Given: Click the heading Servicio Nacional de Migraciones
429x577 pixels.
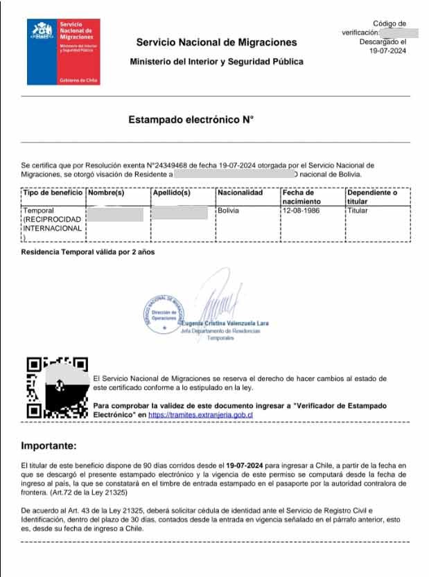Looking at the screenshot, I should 216,43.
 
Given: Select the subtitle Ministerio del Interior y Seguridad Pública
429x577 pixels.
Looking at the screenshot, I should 216,62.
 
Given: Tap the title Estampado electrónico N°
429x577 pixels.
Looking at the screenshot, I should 191,119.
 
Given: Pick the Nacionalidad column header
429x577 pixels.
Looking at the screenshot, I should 240,192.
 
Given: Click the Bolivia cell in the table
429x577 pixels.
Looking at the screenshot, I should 228,210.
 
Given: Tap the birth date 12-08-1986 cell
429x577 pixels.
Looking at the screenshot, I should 301,210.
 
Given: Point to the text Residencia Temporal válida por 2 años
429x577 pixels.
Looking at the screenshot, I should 89,251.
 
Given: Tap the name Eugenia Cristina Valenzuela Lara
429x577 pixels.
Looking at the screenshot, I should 225,323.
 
